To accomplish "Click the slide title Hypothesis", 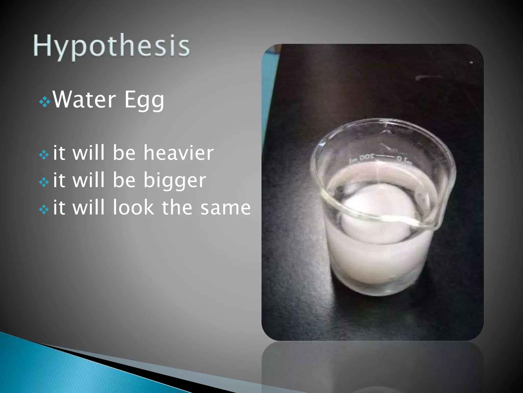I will pyautogui.click(x=112, y=46).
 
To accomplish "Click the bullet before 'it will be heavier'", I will pyautogui.click(x=44, y=155).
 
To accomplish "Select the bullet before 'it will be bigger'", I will pyautogui.click(x=44, y=182).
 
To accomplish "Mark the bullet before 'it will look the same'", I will pyautogui.click(x=44, y=210).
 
